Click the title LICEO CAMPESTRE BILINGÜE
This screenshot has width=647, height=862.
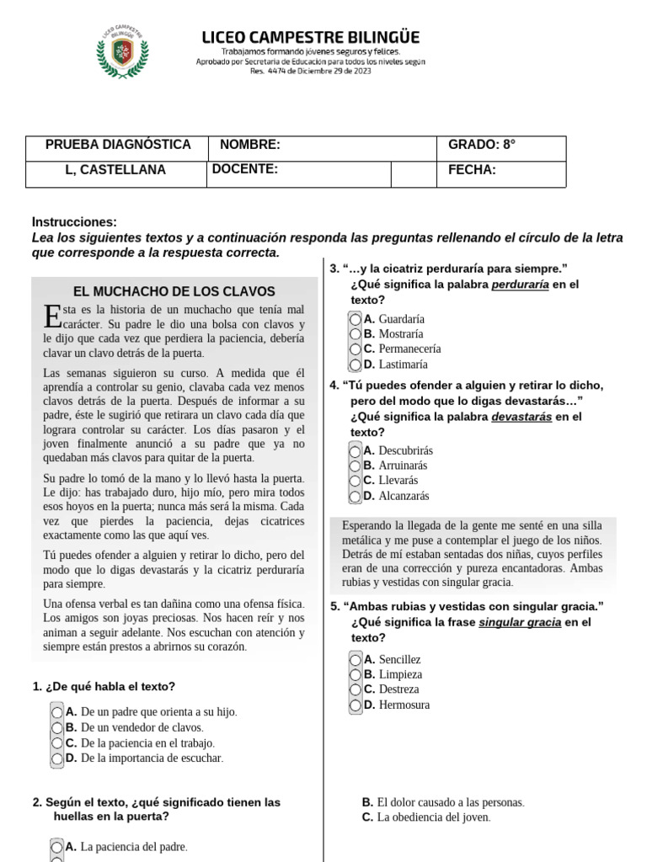click(x=311, y=37)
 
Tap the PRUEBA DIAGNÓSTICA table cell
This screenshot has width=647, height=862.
click(x=118, y=145)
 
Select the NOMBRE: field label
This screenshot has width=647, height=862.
click(x=250, y=145)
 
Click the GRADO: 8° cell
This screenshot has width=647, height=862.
click(x=482, y=145)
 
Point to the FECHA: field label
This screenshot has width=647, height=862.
click(x=472, y=170)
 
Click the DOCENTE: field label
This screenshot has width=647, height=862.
click(x=245, y=169)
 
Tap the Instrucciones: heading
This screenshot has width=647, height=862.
click(x=74, y=222)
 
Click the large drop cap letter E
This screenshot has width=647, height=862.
click(x=51, y=317)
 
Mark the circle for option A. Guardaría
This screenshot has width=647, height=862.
click(x=356, y=319)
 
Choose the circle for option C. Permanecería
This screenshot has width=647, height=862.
click(x=356, y=349)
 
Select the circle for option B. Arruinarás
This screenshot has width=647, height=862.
click(x=356, y=466)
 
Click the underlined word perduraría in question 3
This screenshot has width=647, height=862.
click(x=520, y=285)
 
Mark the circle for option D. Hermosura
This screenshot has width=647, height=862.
click(x=356, y=705)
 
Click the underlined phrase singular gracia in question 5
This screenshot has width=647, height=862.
click(x=520, y=623)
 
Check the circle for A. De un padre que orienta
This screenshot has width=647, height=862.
click(x=57, y=712)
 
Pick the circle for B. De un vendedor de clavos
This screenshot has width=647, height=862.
click(x=57, y=727)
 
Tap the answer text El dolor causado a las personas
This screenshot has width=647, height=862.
click(x=451, y=802)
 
